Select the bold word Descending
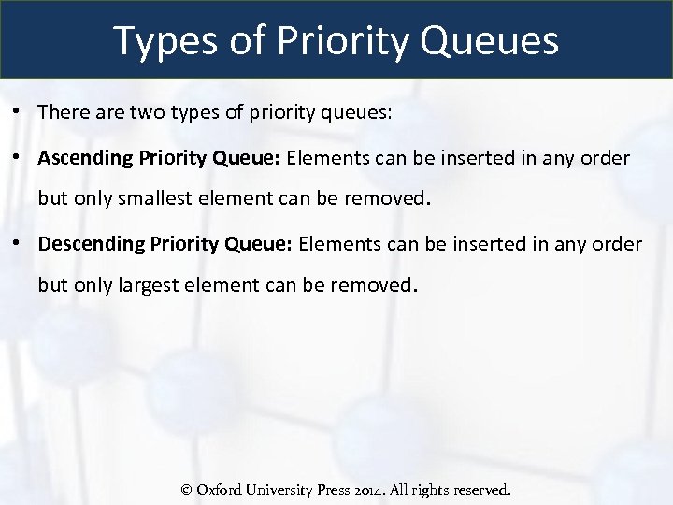tap(90, 244)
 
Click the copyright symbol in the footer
tap(186, 490)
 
